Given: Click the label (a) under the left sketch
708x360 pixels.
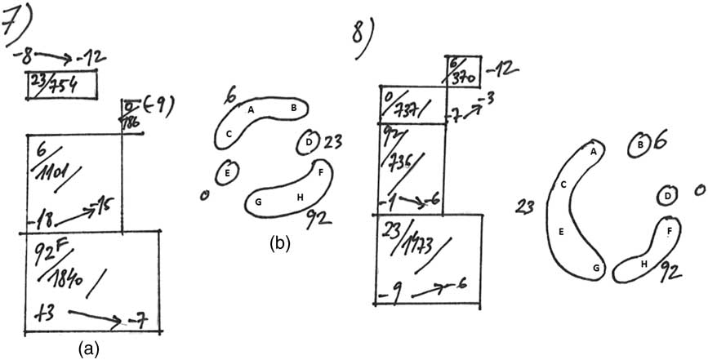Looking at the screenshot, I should [88, 349].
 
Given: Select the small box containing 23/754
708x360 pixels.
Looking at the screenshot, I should [62, 85].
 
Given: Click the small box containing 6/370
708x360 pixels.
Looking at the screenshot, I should [464, 70].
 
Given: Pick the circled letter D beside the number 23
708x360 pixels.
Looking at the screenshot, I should [309, 141].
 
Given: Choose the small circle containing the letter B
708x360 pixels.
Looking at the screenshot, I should [639, 145].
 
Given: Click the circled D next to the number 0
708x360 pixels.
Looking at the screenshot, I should [667, 196].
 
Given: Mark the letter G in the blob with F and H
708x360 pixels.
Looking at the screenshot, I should [258, 202].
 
